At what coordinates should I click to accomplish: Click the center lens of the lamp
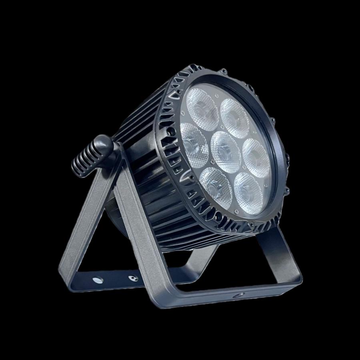pos(226,147)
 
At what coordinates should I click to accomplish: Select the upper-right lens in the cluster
pos(235,114)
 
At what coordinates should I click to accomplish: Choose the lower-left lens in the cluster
pos(216,182)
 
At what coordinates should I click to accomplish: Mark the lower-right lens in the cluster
pos(248,188)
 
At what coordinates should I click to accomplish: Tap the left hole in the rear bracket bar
pos(97,280)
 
